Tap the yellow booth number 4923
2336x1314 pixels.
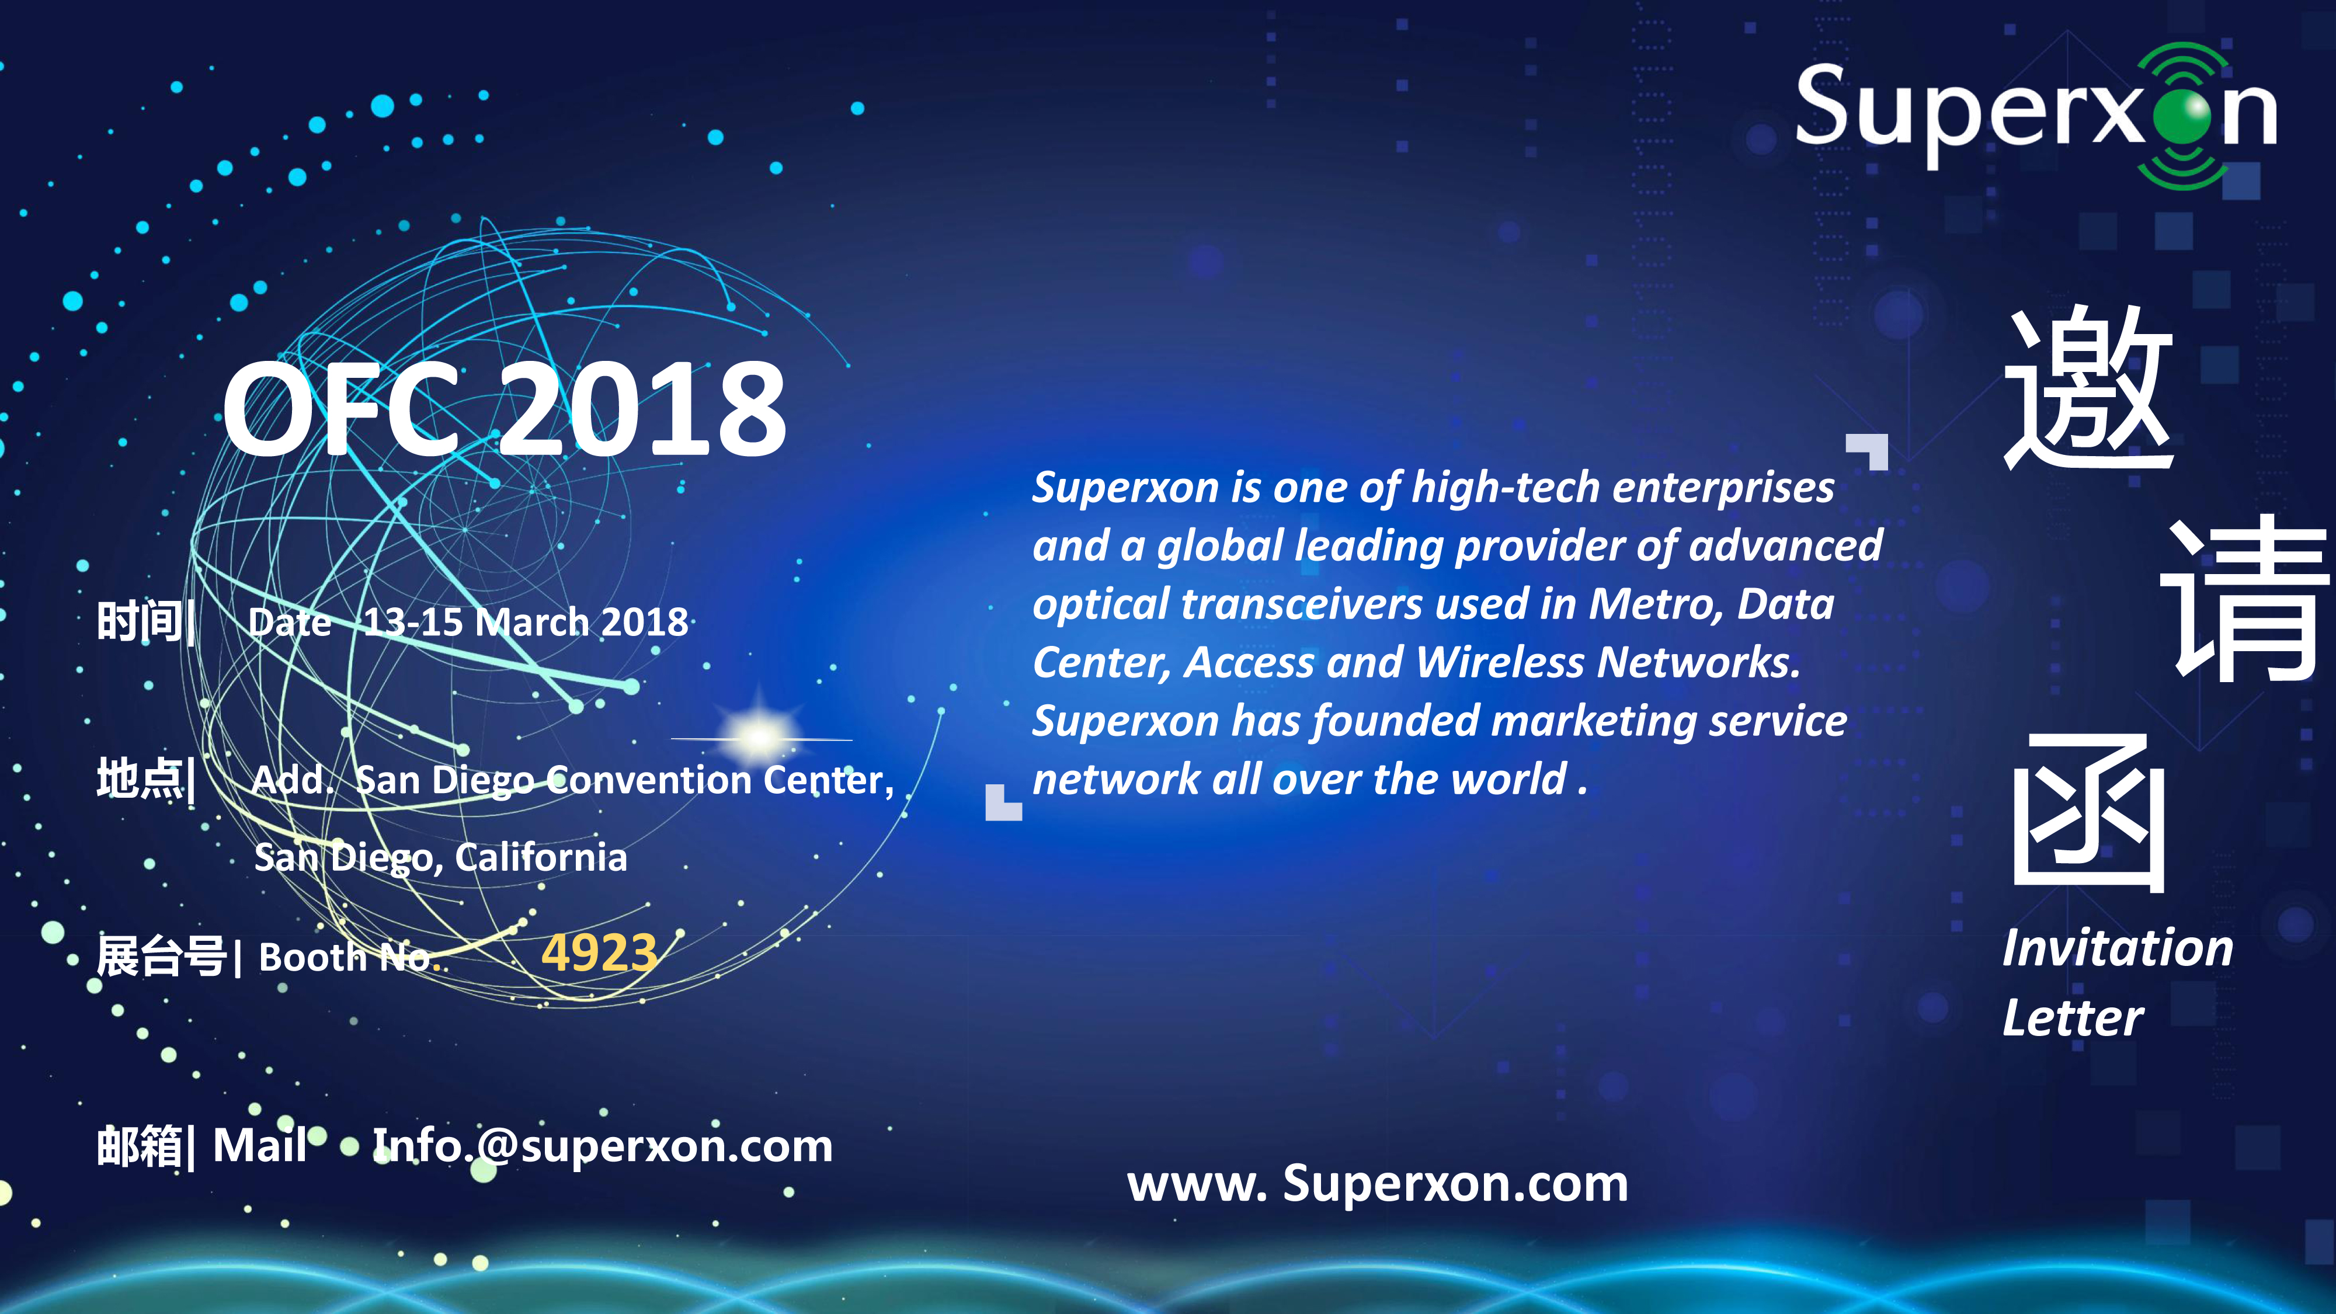[599, 953]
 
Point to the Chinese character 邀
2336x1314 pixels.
[2088, 388]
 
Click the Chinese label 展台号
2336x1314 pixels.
[161, 957]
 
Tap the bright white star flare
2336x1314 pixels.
[760, 736]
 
